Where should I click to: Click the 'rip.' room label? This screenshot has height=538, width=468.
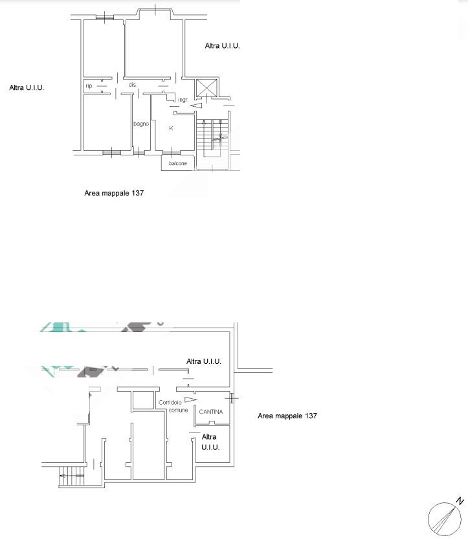[89, 85]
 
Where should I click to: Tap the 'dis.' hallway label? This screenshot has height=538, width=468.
[133, 85]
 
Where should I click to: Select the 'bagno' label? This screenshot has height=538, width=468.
[141, 124]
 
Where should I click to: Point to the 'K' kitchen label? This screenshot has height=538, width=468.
[171, 128]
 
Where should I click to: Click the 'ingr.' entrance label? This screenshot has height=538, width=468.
[183, 100]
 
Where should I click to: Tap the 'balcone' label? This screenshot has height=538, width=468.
[178, 163]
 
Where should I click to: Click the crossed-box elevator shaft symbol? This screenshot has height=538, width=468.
[206, 88]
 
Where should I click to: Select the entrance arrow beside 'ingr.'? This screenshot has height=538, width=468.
[196, 106]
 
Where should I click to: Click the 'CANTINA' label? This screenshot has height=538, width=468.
[210, 411]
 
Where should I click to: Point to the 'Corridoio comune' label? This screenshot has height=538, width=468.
[173, 406]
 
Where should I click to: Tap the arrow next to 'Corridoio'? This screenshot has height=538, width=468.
[190, 399]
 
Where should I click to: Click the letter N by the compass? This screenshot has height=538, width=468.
[460, 501]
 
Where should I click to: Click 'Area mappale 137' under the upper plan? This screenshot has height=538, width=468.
[114, 193]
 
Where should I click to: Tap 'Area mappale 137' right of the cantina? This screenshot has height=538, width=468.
[287, 416]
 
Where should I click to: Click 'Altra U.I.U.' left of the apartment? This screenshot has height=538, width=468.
[27, 88]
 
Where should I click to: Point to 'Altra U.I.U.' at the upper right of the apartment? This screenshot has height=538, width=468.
[222, 46]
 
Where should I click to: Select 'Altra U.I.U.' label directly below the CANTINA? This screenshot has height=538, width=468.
[210, 442]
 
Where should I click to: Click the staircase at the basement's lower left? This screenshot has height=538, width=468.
[71, 476]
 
